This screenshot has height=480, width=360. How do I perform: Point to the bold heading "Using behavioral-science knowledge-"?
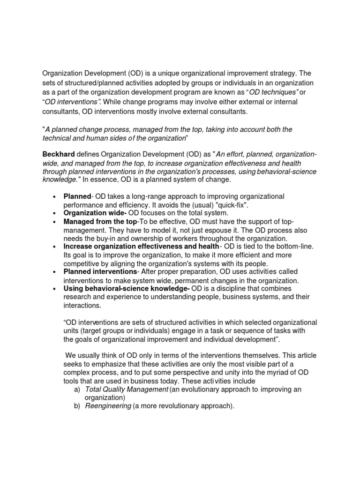pyautogui.click(x=127, y=289)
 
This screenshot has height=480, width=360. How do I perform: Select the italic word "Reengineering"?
pyautogui.click(x=108, y=406)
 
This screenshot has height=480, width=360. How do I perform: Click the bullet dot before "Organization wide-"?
pyautogui.click(x=55, y=213)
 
